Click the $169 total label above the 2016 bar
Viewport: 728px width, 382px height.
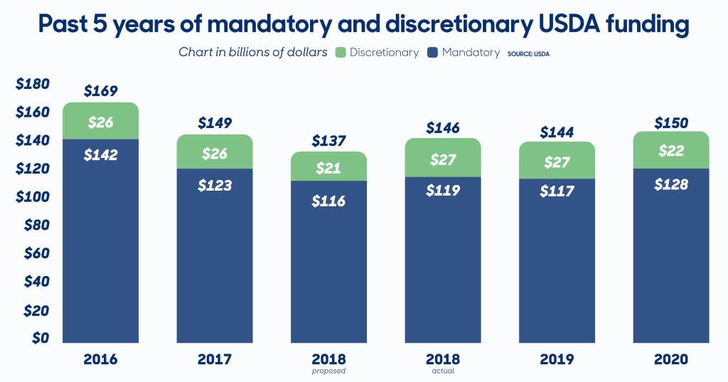(x=100, y=91)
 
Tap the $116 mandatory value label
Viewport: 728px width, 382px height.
(x=328, y=201)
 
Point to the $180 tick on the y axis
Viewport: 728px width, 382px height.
(x=32, y=84)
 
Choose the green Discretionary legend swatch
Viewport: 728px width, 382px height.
(x=339, y=52)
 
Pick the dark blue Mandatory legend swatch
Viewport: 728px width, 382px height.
(x=432, y=52)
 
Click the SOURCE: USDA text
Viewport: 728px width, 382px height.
(x=528, y=54)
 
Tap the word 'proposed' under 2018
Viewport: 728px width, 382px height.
(x=328, y=371)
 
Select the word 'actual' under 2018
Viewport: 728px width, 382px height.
(x=443, y=371)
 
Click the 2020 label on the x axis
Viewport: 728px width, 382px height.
(x=670, y=359)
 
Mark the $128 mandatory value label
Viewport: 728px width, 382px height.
(x=670, y=184)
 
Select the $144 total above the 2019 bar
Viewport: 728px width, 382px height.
(x=557, y=132)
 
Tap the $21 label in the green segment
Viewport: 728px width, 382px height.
(x=328, y=169)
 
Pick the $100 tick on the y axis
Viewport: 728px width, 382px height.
(x=32, y=196)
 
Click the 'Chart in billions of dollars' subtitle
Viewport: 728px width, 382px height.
(x=252, y=52)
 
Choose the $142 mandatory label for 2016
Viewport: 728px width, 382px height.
(x=100, y=155)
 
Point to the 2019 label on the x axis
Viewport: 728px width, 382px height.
(x=557, y=359)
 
